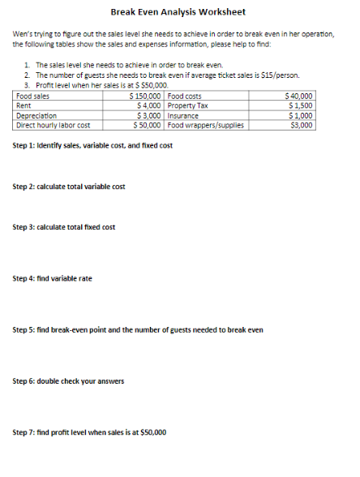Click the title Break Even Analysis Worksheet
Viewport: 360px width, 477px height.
tap(178, 12)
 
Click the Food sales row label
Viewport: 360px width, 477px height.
tap(32, 97)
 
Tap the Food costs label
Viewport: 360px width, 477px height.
tap(184, 97)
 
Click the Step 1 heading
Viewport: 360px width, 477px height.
tap(92, 145)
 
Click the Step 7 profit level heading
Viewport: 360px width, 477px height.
tap(89, 432)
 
